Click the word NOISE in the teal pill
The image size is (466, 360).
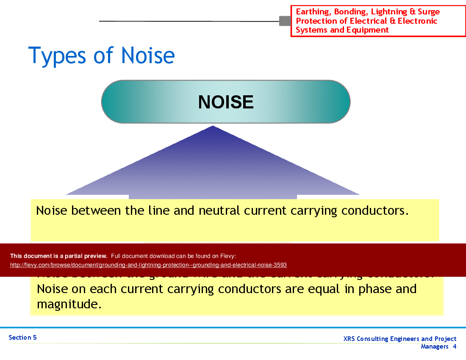click(x=226, y=102)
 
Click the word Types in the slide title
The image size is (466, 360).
click(x=55, y=56)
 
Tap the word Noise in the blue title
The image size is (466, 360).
click(x=147, y=56)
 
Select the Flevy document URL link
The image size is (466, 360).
click(x=148, y=265)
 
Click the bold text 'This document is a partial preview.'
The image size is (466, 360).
click(x=58, y=256)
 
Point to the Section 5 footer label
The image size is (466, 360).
click(x=22, y=338)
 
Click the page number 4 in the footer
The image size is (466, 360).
click(x=454, y=346)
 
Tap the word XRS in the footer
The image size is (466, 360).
click(x=350, y=339)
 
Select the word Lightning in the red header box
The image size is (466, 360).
click(x=388, y=12)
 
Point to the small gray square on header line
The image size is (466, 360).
click(x=285, y=21)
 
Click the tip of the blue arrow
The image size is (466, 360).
click(x=213, y=126)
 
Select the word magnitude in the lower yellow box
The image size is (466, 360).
click(x=69, y=304)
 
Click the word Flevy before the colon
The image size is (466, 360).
click(x=227, y=256)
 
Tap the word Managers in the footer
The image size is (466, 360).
click(x=434, y=346)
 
